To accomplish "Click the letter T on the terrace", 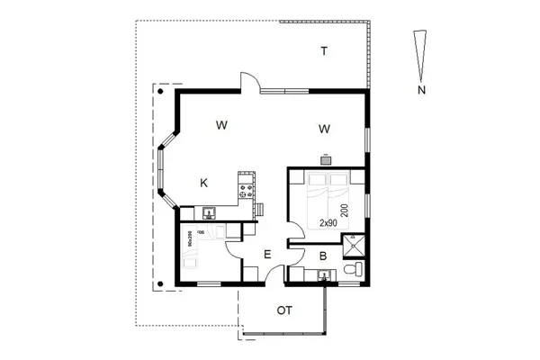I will point(323,51).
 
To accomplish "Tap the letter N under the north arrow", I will point(420,90).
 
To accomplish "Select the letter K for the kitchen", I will point(204,183).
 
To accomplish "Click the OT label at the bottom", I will point(284,310).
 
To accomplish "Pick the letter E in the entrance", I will point(267,256).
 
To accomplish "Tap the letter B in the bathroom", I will point(323,256).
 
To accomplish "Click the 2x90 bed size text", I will point(328,222).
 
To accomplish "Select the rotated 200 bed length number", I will point(345,210).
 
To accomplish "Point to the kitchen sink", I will point(208,213).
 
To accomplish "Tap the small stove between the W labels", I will point(327,158).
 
